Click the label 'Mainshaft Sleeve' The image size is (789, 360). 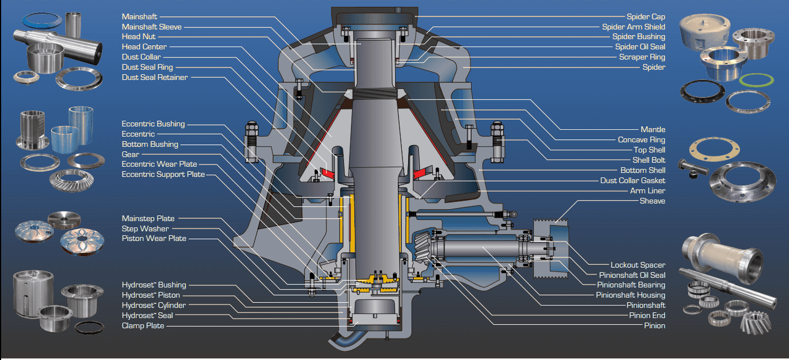click(x=151, y=27)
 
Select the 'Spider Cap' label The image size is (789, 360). click(x=646, y=17)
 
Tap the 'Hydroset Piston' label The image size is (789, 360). click(x=151, y=295)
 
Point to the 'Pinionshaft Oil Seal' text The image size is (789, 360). click(x=632, y=275)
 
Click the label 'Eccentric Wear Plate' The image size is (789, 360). click(x=159, y=164)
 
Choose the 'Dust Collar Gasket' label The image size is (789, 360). click(x=633, y=181)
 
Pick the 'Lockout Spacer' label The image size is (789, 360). click(x=638, y=265)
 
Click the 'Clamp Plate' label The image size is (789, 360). click(x=143, y=326)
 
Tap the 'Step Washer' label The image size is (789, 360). click(x=145, y=228)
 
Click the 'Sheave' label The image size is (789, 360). click(x=652, y=201)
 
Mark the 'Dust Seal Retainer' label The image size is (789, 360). click(x=154, y=78)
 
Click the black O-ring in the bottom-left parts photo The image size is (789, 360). click(x=89, y=327)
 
